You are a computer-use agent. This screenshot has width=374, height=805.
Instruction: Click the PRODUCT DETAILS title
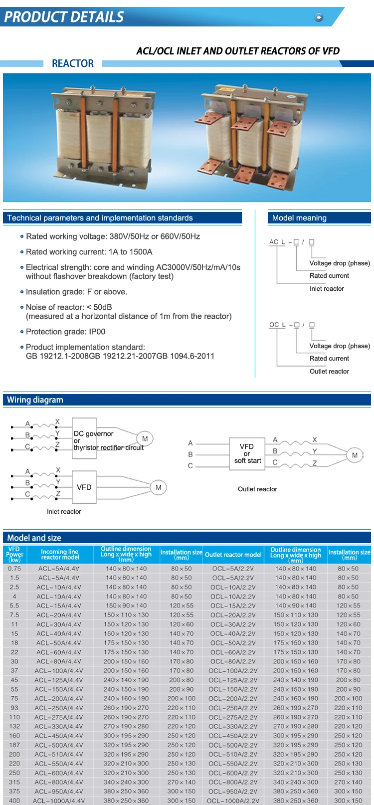coord(64,17)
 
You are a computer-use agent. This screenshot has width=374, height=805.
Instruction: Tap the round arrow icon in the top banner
coord(319,17)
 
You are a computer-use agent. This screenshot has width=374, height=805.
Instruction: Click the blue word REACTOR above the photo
coord(73,63)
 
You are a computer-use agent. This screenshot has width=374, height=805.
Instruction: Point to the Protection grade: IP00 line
coord(65,332)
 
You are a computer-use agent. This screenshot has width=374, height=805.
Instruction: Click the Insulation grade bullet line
coord(76,292)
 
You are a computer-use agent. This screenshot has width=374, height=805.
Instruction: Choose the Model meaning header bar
coord(319,218)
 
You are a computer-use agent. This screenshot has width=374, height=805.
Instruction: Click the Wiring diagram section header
coord(35,400)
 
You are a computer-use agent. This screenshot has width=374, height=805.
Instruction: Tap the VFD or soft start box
coord(247,453)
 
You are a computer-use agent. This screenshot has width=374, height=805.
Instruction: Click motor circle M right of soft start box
coord(355,455)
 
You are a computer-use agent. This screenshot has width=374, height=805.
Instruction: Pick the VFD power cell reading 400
coord(14,801)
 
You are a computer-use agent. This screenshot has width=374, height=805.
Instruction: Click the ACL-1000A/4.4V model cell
coord(59,801)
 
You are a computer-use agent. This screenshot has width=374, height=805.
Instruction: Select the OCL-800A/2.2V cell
coord(233,782)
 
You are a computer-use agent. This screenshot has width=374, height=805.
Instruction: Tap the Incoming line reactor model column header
coord(60,555)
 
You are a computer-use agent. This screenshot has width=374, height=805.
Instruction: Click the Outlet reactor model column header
coord(233,555)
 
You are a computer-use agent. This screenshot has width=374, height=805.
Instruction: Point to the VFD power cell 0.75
coord(14,569)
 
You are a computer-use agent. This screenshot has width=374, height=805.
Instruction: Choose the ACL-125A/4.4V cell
coord(59,680)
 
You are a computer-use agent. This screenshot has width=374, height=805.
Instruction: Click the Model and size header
coord(34,538)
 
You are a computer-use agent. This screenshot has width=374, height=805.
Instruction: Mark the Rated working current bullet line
coord(89,252)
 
